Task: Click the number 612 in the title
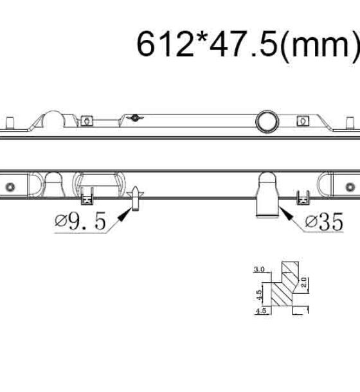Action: click(165, 44)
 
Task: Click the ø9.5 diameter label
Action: click(80, 221)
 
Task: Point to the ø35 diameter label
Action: click(325, 222)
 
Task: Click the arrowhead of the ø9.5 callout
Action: click(124, 215)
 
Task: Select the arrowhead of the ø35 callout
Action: click(286, 214)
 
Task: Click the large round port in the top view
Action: click(267, 121)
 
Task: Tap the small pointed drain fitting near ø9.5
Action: click(135, 199)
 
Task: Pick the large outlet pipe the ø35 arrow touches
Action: click(267, 195)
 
